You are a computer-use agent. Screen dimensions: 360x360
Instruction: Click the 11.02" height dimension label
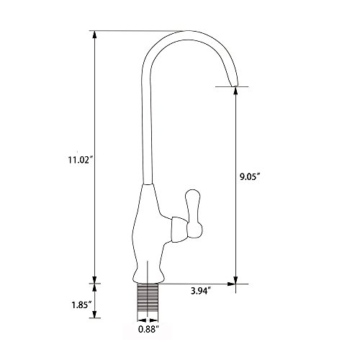81,160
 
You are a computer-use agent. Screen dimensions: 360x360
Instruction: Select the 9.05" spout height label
251,177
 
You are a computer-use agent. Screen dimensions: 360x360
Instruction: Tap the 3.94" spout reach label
201,291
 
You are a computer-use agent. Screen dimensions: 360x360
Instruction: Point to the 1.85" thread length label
82,305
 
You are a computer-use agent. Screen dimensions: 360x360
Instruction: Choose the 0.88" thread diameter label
149,329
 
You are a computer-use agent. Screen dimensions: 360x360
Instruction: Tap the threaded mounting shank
148,302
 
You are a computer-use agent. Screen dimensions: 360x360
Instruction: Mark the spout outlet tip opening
234,86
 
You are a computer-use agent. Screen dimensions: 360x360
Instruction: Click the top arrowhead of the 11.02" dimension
95,35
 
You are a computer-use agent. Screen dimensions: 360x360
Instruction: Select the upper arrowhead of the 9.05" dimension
235,91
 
